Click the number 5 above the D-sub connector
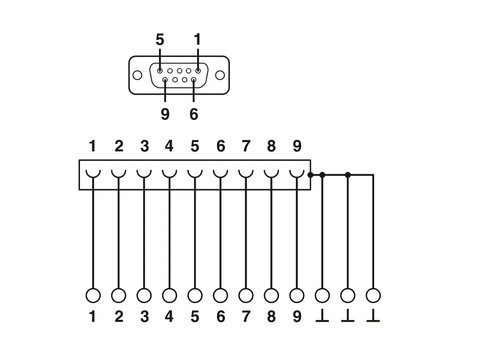coord(160,40)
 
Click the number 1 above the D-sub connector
coord(197,40)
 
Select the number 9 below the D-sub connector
coord(165,114)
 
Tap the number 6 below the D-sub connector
coord(194,114)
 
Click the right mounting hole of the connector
coord(220,75)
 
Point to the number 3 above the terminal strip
coord(144,146)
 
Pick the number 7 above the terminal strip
coord(246,146)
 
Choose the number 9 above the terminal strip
coord(296,146)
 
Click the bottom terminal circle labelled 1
coord(93,296)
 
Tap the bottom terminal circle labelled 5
coord(195,296)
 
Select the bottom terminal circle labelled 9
coord(296,296)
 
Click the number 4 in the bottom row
coord(169,317)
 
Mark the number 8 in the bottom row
coord(271,317)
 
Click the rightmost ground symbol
coord(373,317)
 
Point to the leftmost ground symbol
coord(322,317)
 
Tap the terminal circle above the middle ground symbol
coord(347,296)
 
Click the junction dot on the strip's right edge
coord(310,175)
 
